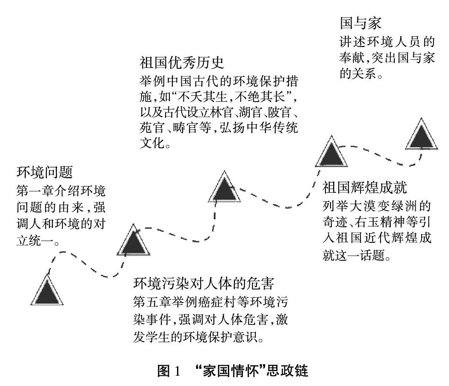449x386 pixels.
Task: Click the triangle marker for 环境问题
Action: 47,291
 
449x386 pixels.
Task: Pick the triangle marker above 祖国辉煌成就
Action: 331,153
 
